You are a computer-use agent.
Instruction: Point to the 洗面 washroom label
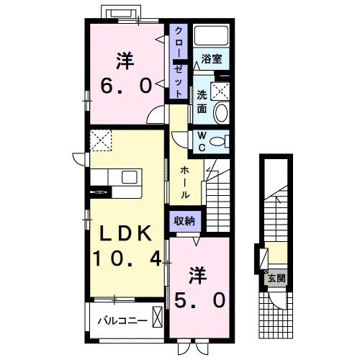click(x=202, y=102)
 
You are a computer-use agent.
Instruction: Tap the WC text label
click(x=202, y=140)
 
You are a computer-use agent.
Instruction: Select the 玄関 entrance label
click(x=275, y=276)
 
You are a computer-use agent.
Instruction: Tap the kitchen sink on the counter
click(x=131, y=177)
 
